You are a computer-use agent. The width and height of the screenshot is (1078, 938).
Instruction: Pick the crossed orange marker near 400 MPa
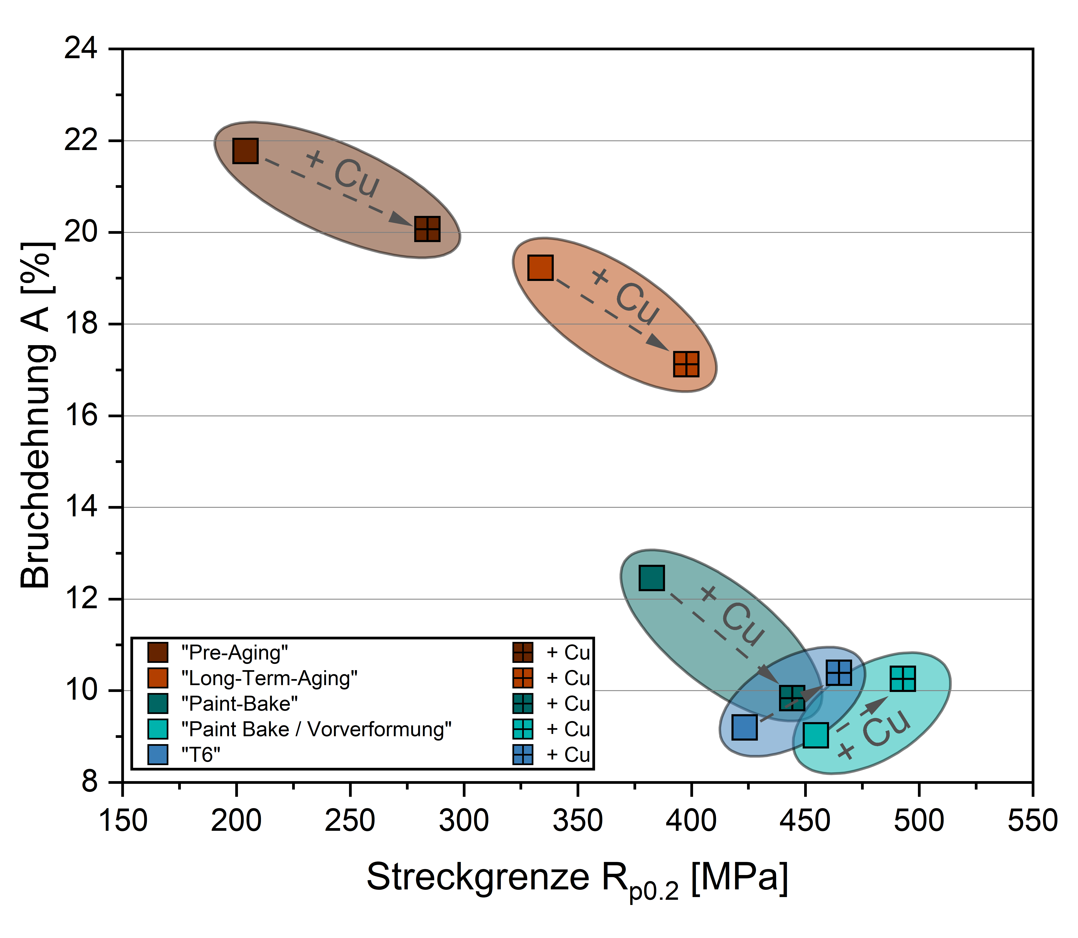pyautogui.click(x=686, y=364)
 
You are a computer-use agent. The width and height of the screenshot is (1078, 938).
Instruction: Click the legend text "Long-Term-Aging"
pyautogui.click(x=269, y=678)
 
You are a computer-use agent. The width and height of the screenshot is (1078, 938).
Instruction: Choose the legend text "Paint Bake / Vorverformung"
pyautogui.click(x=316, y=729)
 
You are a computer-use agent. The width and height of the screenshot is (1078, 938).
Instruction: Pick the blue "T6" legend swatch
pyautogui.click(x=157, y=755)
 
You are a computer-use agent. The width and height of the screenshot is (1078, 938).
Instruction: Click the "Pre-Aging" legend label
pyautogui.click(x=234, y=653)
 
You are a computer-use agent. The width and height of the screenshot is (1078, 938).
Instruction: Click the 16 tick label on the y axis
pyautogui.click(x=81, y=416)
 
